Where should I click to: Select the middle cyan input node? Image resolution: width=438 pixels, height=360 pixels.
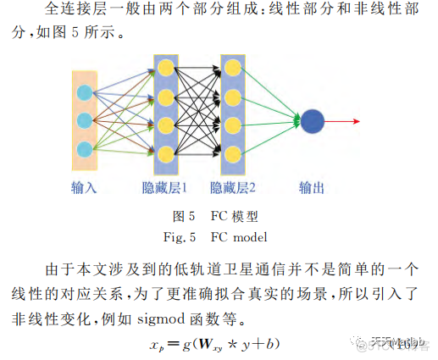(x=84, y=120)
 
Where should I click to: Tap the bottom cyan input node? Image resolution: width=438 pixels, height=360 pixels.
(x=84, y=149)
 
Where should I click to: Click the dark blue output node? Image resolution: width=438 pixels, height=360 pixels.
(x=313, y=121)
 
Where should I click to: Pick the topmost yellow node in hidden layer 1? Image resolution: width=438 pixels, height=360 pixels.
(x=166, y=66)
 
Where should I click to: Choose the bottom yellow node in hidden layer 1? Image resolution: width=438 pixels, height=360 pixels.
(x=166, y=153)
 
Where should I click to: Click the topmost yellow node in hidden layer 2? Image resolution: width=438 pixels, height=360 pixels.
(x=231, y=66)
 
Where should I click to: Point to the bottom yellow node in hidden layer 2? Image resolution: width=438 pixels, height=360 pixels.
(x=231, y=153)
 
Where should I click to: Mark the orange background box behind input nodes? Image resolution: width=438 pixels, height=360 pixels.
(x=84, y=120)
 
